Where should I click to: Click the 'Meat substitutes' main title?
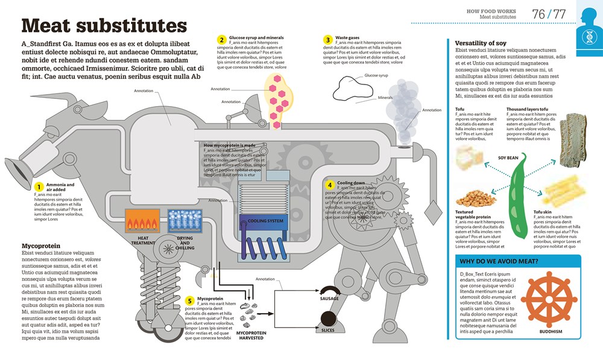point(104,26)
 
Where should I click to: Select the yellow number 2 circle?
point(223,40)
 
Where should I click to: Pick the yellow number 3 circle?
point(328,40)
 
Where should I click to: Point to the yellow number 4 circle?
point(330,185)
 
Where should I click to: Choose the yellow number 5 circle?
point(189,300)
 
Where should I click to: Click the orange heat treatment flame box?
point(142,221)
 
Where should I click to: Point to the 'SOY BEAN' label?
point(508,157)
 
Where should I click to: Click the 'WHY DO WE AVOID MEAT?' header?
point(499,262)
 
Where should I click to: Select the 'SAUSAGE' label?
point(329,298)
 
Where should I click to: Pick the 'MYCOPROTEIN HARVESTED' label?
point(252,335)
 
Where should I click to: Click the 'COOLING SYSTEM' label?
point(266,221)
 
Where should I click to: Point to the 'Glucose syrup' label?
point(377,76)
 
